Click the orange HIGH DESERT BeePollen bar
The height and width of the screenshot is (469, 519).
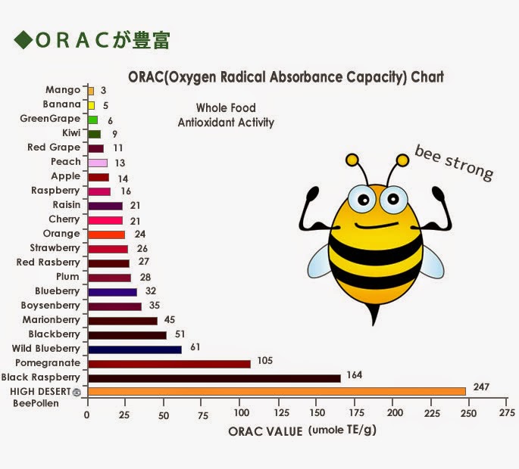coord(277,391)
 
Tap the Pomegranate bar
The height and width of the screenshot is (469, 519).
coord(169,363)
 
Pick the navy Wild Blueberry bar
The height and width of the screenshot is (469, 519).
coord(135,349)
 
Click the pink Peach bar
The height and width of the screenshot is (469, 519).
coord(98,163)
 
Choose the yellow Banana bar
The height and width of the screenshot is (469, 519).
coord(92,105)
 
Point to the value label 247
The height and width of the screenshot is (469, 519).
coord(481,387)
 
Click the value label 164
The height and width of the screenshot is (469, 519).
coord(355,374)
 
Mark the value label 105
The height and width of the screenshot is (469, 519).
coord(264,360)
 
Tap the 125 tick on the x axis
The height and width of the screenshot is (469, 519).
coord(280,414)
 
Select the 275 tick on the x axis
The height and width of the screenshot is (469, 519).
coord(507,414)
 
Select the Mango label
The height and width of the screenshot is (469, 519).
coord(63,90)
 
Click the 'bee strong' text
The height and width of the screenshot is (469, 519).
coord(454,162)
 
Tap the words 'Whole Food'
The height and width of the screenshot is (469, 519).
coord(226,108)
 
